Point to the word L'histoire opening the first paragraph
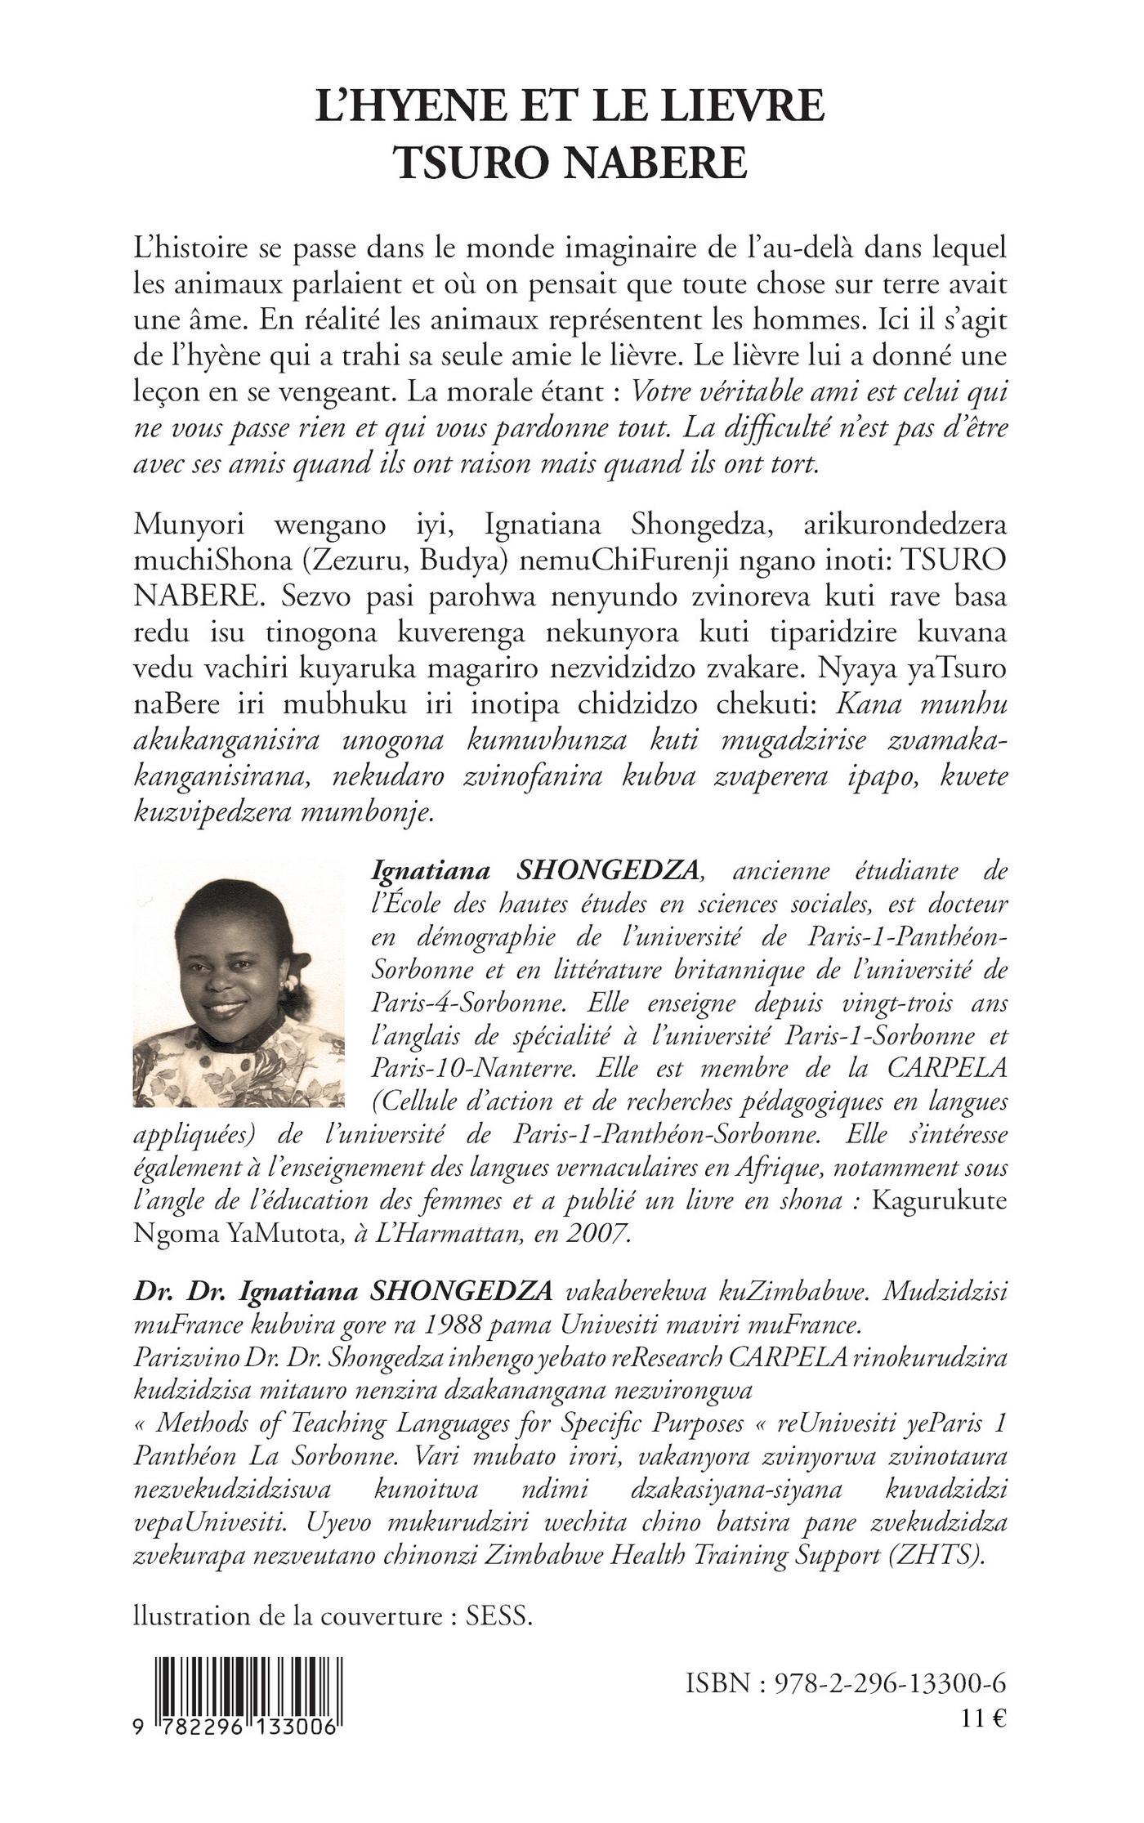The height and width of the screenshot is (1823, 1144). (x=191, y=247)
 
